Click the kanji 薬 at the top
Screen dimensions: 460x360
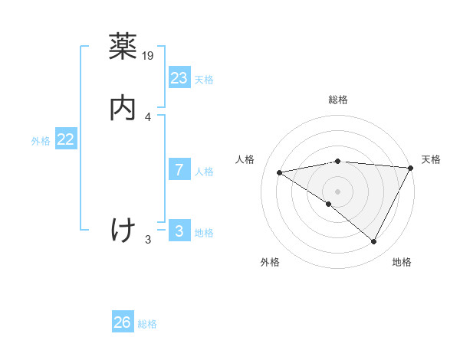click(x=123, y=47)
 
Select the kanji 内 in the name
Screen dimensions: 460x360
click(x=123, y=109)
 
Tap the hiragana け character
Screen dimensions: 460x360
click(x=123, y=230)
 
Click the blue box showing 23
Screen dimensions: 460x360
click(x=179, y=78)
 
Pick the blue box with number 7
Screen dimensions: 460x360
click(x=179, y=170)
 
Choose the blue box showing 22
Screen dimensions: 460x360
click(x=66, y=139)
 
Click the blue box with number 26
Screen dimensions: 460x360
click(x=123, y=322)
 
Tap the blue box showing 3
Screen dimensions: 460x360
click(x=179, y=231)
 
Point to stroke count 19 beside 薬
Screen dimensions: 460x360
click(x=149, y=55)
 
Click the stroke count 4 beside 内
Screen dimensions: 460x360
click(x=148, y=117)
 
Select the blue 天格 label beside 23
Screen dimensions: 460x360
click(x=204, y=80)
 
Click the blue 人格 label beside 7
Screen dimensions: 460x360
click(x=204, y=172)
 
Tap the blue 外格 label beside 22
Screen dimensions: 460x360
click(x=41, y=141)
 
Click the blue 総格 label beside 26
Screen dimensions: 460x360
click(x=147, y=324)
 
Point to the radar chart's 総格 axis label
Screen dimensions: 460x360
click(x=337, y=100)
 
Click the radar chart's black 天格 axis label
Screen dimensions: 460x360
click(x=431, y=159)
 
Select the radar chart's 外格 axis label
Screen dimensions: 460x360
click(x=270, y=263)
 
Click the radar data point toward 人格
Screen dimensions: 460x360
click(x=280, y=172)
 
